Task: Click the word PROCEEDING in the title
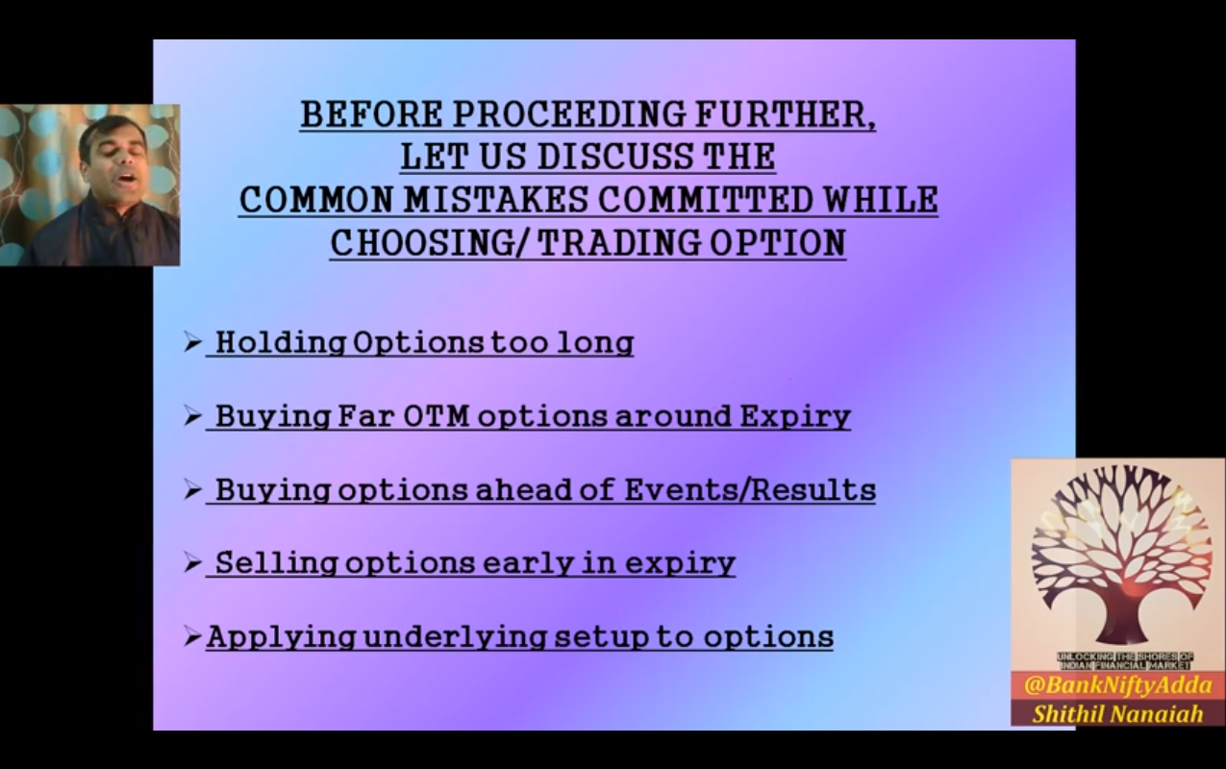tap(570, 114)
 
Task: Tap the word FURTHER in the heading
tap(781, 114)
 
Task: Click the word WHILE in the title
tap(881, 199)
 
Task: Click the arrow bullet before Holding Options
tap(192, 342)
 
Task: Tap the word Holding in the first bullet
tap(280, 343)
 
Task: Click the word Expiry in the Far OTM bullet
tap(795, 417)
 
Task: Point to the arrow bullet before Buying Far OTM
tap(192, 416)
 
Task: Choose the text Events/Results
tap(750, 489)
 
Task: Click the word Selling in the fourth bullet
tap(276, 563)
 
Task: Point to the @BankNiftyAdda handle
tap(1118, 685)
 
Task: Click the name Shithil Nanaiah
tap(1117, 713)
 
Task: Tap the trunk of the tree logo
tap(1117, 618)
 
